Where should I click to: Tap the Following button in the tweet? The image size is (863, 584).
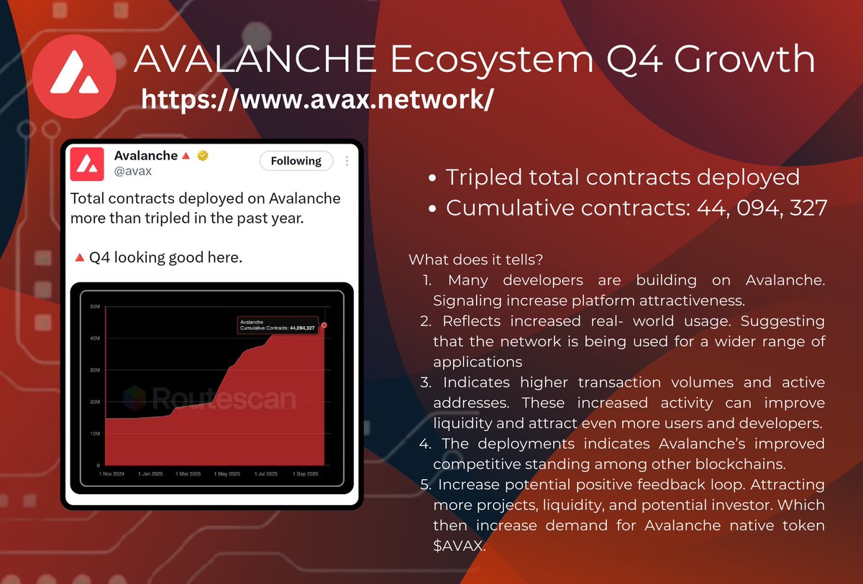coord(296,161)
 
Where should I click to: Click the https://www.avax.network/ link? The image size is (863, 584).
coord(317,100)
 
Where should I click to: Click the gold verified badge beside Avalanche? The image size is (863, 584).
coord(204,156)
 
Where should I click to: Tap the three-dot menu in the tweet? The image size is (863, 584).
coord(347,161)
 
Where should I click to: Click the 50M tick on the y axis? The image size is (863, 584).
coord(94,307)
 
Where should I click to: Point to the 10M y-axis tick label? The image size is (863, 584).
coord(94,433)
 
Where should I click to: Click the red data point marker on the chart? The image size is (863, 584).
coord(324,325)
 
